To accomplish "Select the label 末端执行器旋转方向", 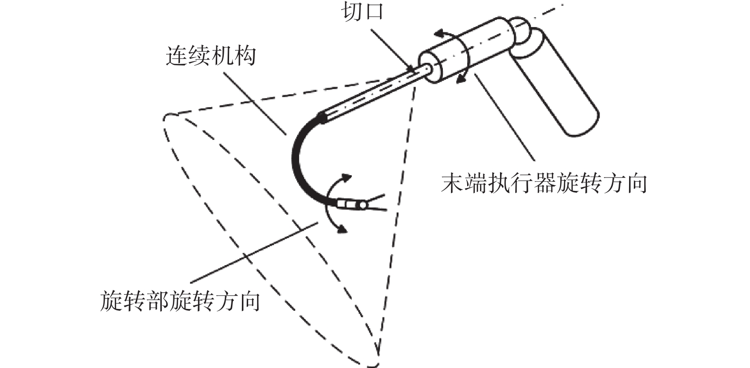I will (543, 183).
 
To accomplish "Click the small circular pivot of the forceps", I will (363, 206).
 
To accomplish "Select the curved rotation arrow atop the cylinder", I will (445, 33).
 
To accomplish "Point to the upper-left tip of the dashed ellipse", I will (166, 118).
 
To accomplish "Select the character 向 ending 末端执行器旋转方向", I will (636, 183).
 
